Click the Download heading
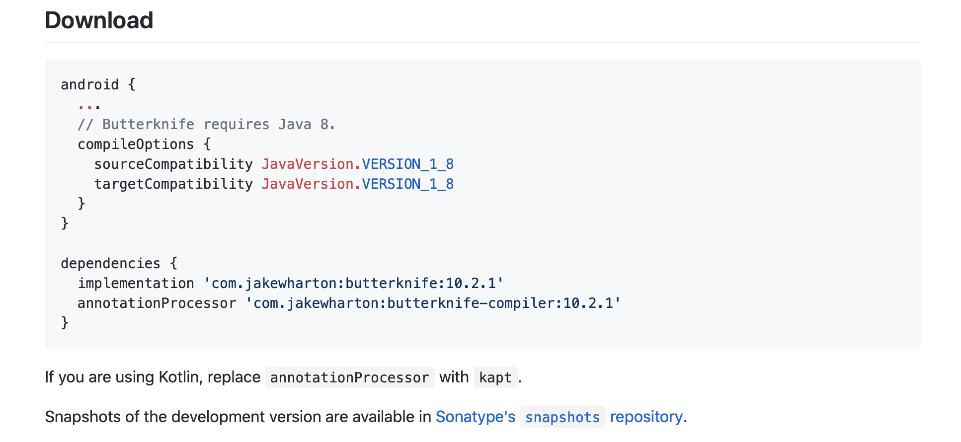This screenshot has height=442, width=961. pos(99,21)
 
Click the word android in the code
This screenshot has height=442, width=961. pos(89,85)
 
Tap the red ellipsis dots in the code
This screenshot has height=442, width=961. pos(89,106)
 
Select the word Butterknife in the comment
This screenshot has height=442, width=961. pos(148,125)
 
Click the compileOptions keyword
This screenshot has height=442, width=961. pos(136,145)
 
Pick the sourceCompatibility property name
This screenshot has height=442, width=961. pos(173,164)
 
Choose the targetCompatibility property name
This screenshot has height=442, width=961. pos(173,184)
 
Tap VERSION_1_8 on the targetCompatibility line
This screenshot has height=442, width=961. pos(407,184)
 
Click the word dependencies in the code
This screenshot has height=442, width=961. pos(110,264)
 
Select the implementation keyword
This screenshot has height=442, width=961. pos(136,284)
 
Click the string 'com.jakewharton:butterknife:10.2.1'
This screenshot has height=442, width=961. pos(353,284)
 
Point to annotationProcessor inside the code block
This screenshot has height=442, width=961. pos(157,303)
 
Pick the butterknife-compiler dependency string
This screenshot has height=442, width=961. pos(433,303)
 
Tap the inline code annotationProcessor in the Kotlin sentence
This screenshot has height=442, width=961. pos(349,378)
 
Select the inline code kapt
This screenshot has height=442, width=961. pos(495,378)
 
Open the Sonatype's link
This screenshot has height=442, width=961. pos(475,417)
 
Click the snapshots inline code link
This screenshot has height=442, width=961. pos(562,418)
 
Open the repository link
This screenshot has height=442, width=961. pos(646,417)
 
